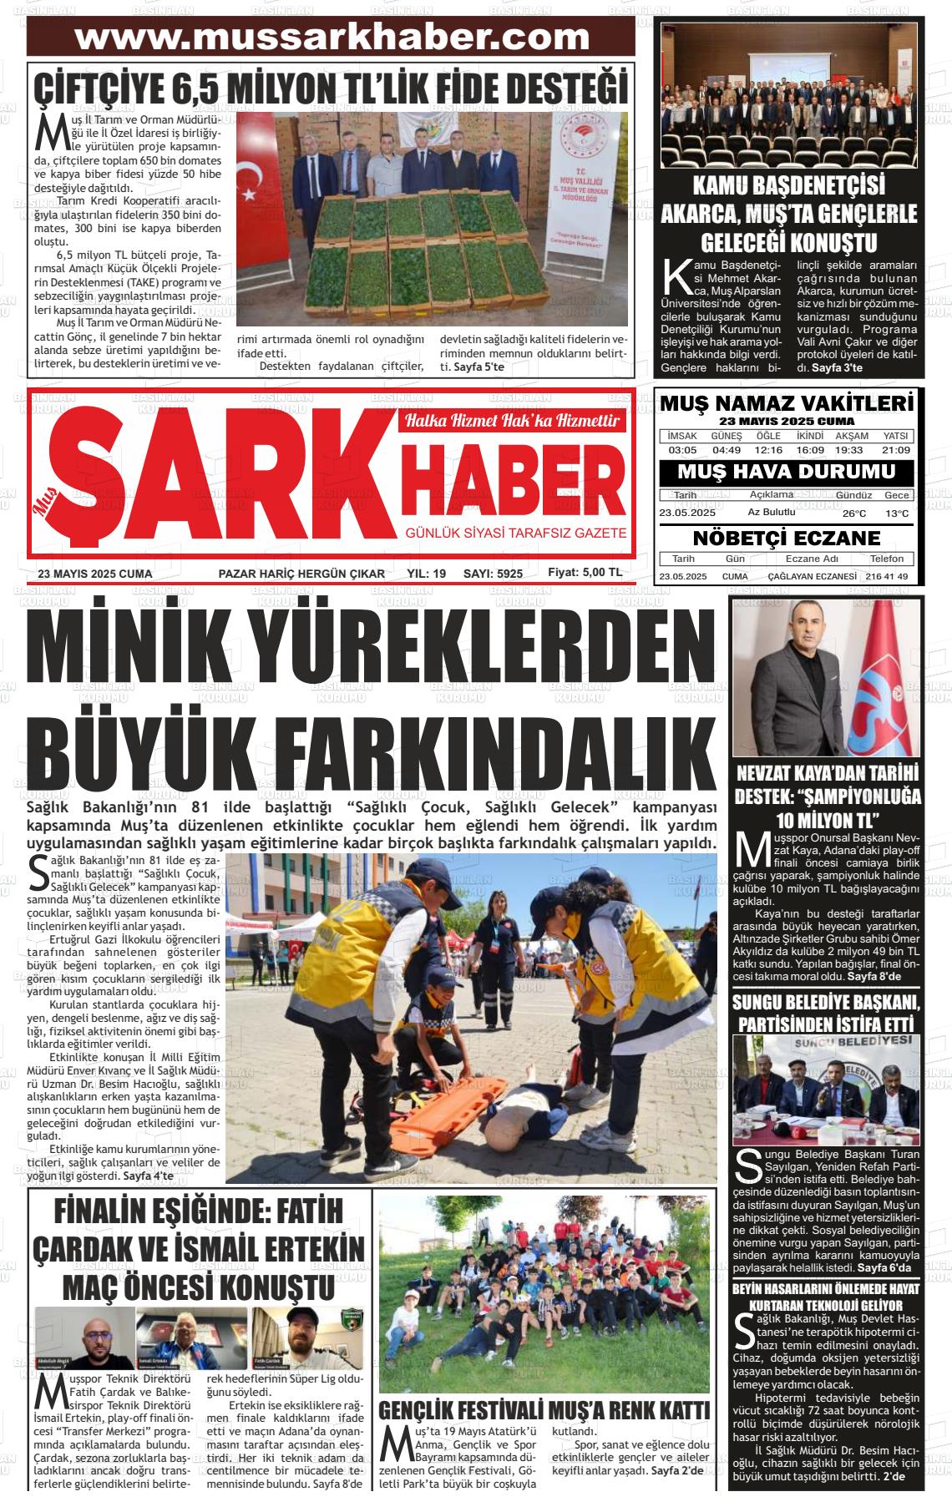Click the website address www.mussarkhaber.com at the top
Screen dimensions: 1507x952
tap(332, 38)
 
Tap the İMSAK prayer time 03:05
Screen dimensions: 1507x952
tap(682, 450)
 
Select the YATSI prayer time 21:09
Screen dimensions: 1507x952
tap(895, 450)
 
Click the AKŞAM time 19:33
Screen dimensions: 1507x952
tap(853, 450)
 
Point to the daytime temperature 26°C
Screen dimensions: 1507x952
tap(853, 513)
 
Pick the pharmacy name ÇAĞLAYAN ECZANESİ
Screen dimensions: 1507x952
tap(812, 577)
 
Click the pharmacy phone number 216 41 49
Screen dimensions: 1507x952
tap(887, 577)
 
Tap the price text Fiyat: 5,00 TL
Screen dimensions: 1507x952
tap(585, 573)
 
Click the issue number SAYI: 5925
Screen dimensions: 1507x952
tap(493, 574)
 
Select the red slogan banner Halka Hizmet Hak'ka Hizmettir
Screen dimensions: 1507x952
tap(512, 421)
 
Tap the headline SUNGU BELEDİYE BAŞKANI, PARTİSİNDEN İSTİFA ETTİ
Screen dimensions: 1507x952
tap(826, 1012)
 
